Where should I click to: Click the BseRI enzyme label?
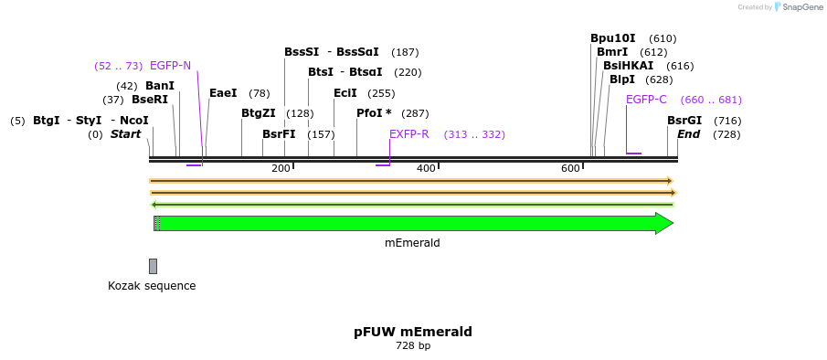(x=150, y=99)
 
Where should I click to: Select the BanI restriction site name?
(x=160, y=85)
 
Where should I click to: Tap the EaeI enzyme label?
(x=223, y=93)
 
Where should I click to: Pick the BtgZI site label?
(x=259, y=113)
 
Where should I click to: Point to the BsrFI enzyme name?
(x=279, y=134)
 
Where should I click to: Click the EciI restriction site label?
(x=345, y=93)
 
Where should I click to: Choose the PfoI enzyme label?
(x=371, y=113)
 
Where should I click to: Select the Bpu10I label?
(x=613, y=38)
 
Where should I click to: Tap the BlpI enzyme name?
(x=622, y=79)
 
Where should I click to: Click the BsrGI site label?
(x=684, y=121)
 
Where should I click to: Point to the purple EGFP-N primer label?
(x=170, y=66)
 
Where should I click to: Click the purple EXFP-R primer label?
(x=409, y=134)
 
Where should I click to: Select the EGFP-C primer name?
(x=646, y=100)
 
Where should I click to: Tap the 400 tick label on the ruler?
(x=426, y=168)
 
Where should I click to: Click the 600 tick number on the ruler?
(x=570, y=168)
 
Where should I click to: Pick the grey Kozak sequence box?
(x=153, y=266)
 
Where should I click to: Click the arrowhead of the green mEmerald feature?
(x=664, y=224)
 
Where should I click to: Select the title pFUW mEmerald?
(x=413, y=332)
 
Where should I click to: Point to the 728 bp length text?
(x=413, y=346)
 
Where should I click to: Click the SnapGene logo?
(x=798, y=6)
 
